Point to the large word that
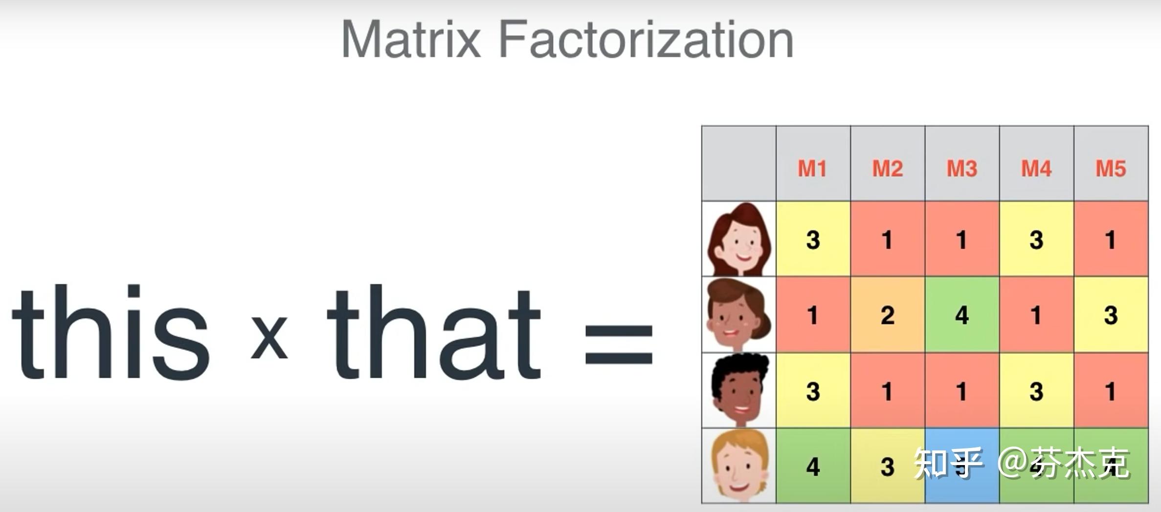click(x=434, y=332)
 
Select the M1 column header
click(x=813, y=169)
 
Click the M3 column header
click(x=962, y=169)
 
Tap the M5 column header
click(x=1111, y=169)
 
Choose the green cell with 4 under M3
click(x=962, y=315)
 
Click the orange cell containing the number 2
click(x=888, y=315)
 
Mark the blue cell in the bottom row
click(x=962, y=466)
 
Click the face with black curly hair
click(x=739, y=391)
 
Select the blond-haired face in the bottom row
click(x=739, y=466)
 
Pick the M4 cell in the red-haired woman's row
click(x=1036, y=239)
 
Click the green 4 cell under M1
click(x=813, y=466)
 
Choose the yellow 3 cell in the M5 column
click(x=1111, y=315)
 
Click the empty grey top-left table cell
click(x=739, y=164)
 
